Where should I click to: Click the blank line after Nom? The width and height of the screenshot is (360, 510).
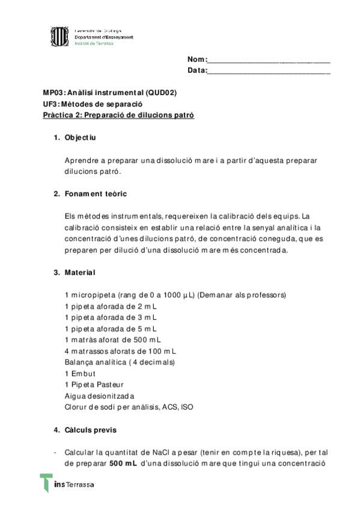point(269,60)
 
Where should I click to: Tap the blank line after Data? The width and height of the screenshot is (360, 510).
point(269,71)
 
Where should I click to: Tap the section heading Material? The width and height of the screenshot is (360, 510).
point(79,272)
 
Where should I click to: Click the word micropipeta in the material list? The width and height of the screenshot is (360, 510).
point(93,295)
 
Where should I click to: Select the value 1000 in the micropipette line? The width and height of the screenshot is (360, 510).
point(166,295)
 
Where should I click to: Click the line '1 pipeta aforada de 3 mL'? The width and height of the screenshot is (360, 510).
point(111,318)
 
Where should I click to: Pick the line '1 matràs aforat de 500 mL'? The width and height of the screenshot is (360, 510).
point(113,340)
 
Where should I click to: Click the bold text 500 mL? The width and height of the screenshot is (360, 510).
point(123,464)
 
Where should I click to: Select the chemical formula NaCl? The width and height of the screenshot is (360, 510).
point(160,452)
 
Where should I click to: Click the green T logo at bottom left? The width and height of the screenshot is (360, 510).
point(46,484)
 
